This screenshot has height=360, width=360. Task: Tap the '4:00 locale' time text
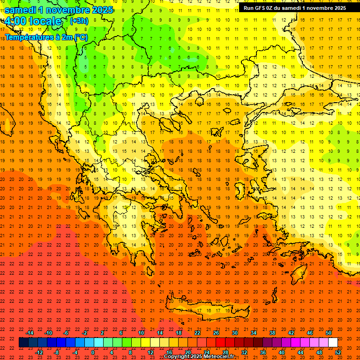tap(33, 21)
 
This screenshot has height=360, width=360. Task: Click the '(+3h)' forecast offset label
tap(78, 21)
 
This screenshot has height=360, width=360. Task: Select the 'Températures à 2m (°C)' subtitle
tap(46, 37)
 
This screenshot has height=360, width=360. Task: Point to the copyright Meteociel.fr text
tap(199, 357)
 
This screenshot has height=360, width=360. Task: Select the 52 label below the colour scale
tap(338, 352)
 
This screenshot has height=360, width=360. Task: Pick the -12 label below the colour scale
tap(39, 352)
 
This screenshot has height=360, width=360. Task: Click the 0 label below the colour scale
tap(93, 352)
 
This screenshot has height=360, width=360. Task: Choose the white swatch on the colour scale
tap(333, 343)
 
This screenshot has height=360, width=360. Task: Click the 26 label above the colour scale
tap(216, 332)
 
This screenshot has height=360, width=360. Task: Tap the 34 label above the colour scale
tap(253, 332)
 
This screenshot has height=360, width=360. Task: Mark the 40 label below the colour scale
tap(282, 352)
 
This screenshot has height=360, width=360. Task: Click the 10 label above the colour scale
tap(141, 332)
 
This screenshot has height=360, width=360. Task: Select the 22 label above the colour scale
tap(197, 332)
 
